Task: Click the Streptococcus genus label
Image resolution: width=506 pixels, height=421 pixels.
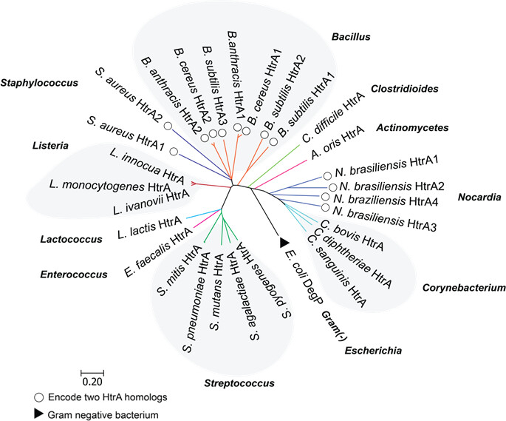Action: (x=238, y=383)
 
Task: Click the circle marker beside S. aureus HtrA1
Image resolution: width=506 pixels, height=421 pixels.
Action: (x=174, y=152)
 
